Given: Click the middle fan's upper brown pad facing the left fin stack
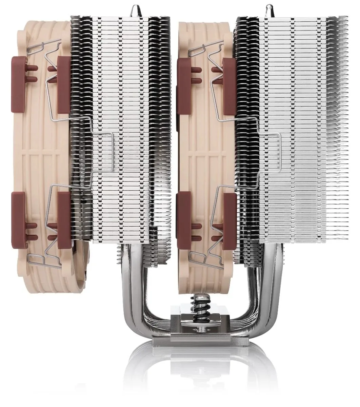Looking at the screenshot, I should click(x=184, y=81).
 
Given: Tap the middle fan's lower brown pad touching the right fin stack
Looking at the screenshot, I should click(x=229, y=220).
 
